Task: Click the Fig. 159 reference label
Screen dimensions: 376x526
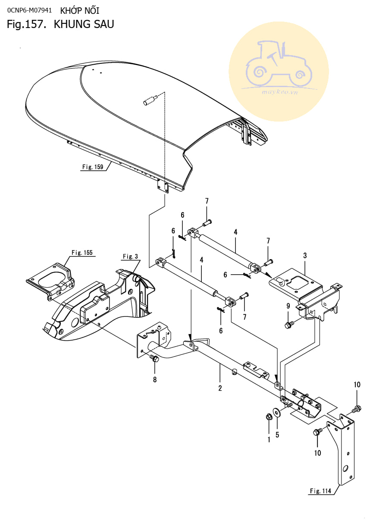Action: point(93,167)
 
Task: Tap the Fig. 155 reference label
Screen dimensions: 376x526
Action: point(82,253)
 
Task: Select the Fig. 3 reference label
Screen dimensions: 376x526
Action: point(130,257)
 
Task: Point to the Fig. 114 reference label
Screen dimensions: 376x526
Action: point(320,491)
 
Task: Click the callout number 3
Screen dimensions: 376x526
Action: point(305,256)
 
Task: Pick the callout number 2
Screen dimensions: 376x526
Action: point(220,388)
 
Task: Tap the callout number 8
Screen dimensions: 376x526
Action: point(155,380)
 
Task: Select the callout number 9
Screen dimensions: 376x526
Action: point(288,306)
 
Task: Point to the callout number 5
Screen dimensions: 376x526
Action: point(277,435)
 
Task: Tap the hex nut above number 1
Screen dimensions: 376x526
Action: point(269,417)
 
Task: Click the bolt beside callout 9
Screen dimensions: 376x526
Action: point(289,325)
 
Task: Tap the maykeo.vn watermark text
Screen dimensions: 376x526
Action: point(280,92)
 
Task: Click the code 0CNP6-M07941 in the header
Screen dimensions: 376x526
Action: point(30,10)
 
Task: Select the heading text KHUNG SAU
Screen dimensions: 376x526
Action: point(84,24)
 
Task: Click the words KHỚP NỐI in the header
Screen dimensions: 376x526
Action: point(80,11)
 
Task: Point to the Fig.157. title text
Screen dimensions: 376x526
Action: point(26,25)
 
